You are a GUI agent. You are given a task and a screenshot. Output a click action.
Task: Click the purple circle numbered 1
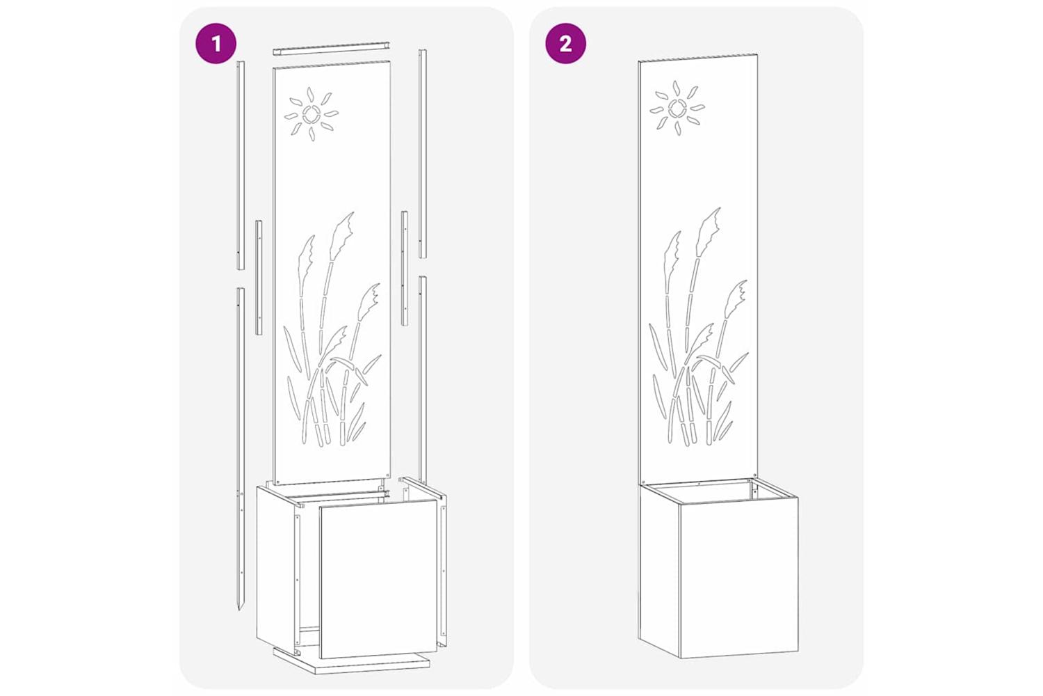point(216,44)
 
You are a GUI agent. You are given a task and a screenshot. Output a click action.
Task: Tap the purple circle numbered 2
point(566,44)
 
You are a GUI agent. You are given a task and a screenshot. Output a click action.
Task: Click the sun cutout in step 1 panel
point(312,113)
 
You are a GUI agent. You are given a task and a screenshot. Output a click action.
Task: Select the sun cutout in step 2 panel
point(677,108)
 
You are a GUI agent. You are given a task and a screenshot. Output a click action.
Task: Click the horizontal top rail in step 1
point(331,49)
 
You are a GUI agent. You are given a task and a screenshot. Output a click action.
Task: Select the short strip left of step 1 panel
point(259,277)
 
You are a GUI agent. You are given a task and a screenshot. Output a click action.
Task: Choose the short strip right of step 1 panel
point(405,268)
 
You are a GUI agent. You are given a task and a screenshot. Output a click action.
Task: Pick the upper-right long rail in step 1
point(422,153)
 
